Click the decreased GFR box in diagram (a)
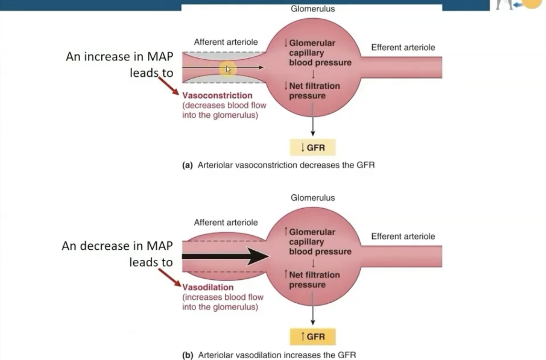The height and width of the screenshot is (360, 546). (313, 148)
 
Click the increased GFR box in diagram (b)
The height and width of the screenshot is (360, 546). (313, 337)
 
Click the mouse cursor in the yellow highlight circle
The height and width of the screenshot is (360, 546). (228, 69)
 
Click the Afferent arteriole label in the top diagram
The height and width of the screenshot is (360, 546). (226, 42)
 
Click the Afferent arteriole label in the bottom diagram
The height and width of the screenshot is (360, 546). (226, 222)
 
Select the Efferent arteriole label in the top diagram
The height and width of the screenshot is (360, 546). (403, 47)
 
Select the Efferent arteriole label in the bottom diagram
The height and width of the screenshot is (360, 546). (403, 236)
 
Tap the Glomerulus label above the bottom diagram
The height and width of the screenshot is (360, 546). (313, 198)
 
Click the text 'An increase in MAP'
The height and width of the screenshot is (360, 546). (119, 56)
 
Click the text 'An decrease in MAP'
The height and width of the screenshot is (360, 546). (117, 246)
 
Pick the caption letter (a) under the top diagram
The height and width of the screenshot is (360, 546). (187, 166)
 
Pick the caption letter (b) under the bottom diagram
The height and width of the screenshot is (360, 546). (187, 355)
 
